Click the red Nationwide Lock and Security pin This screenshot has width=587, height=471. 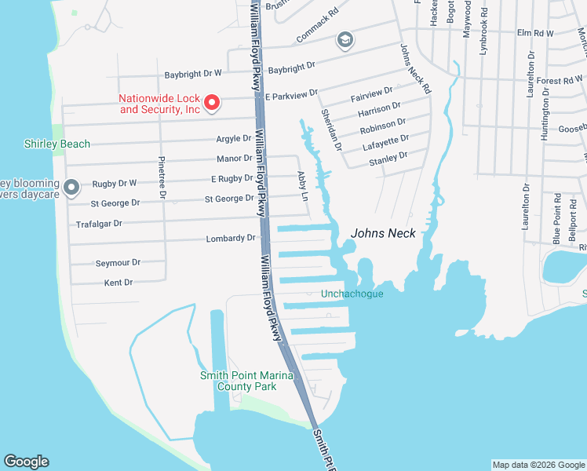pyautogui.click(x=211, y=101)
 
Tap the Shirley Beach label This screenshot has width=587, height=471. pyautogui.click(x=57, y=144)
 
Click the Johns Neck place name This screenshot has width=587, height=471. pyautogui.click(x=381, y=232)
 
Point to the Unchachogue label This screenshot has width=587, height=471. pyautogui.click(x=352, y=294)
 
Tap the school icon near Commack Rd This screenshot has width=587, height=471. pyautogui.click(x=344, y=39)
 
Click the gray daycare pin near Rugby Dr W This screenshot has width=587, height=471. pyautogui.click(x=71, y=187)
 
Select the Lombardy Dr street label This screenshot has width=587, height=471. pyautogui.click(x=231, y=238)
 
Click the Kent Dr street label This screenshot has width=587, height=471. pyautogui.click(x=118, y=282)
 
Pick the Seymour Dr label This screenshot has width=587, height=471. pyautogui.click(x=118, y=263)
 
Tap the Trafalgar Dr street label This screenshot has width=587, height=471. pyautogui.click(x=97, y=224)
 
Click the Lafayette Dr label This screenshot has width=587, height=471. pyautogui.click(x=385, y=140)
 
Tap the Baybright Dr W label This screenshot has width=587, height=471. pyautogui.click(x=193, y=74)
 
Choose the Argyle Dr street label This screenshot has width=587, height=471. pyautogui.click(x=233, y=139)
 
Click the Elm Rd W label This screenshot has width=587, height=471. pyautogui.click(x=535, y=34)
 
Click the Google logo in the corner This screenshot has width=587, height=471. pyautogui.click(x=26, y=462)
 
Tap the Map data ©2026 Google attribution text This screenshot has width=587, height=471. pyautogui.click(x=538, y=465)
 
